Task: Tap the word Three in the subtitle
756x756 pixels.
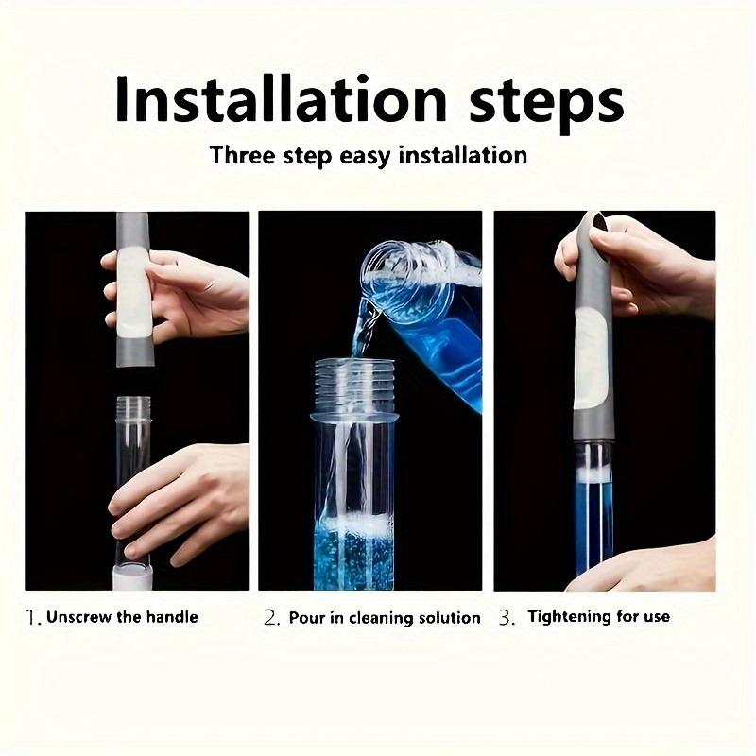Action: [x=244, y=154]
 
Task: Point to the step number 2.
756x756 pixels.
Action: [x=271, y=618]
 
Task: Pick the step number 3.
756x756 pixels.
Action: [x=507, y=618]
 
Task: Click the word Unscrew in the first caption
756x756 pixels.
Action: [x=81, y=617]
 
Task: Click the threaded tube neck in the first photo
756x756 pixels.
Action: [x=133, y=409]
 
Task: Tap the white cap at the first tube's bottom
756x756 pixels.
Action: [x=133, y=575]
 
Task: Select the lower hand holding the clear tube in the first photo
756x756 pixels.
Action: [x=180, y=496]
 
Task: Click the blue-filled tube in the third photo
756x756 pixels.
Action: [x=594, y=510]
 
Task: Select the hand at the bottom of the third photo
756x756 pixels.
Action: [x=652, y=567]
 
